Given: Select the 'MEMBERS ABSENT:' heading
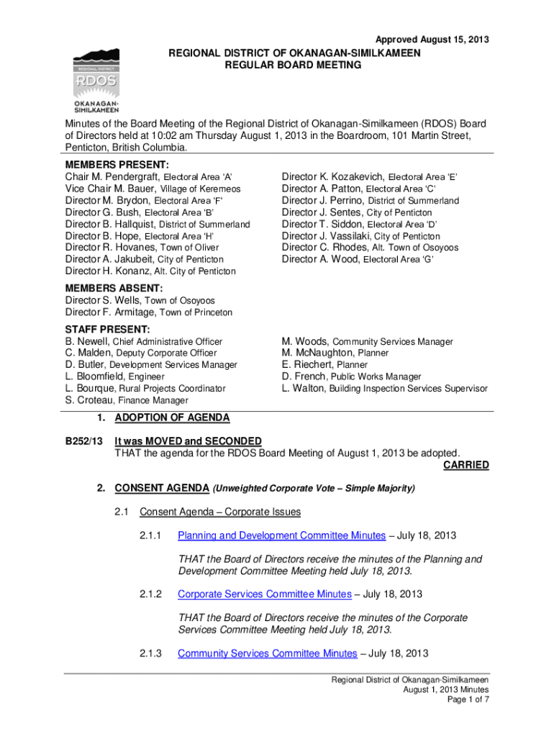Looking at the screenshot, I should click(x=114, y=289).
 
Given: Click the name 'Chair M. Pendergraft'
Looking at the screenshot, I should click(x=113, y=177).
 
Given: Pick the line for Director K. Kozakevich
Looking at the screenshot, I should click(x=370, y=177).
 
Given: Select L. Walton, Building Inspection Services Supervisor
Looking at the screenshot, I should click(x=384, y=389).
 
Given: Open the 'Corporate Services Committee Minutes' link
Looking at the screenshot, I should click(x=264, y=594).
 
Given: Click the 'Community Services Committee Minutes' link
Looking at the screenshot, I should click(x=267, y=654).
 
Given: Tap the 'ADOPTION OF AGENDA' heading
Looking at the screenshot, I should click(x=172, y=417).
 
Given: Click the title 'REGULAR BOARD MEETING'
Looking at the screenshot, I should click(x=291, y=65).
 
